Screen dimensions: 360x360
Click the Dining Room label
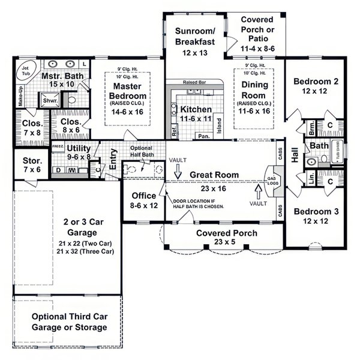tap(254, 89)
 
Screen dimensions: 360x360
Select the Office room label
tap(143, 196)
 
